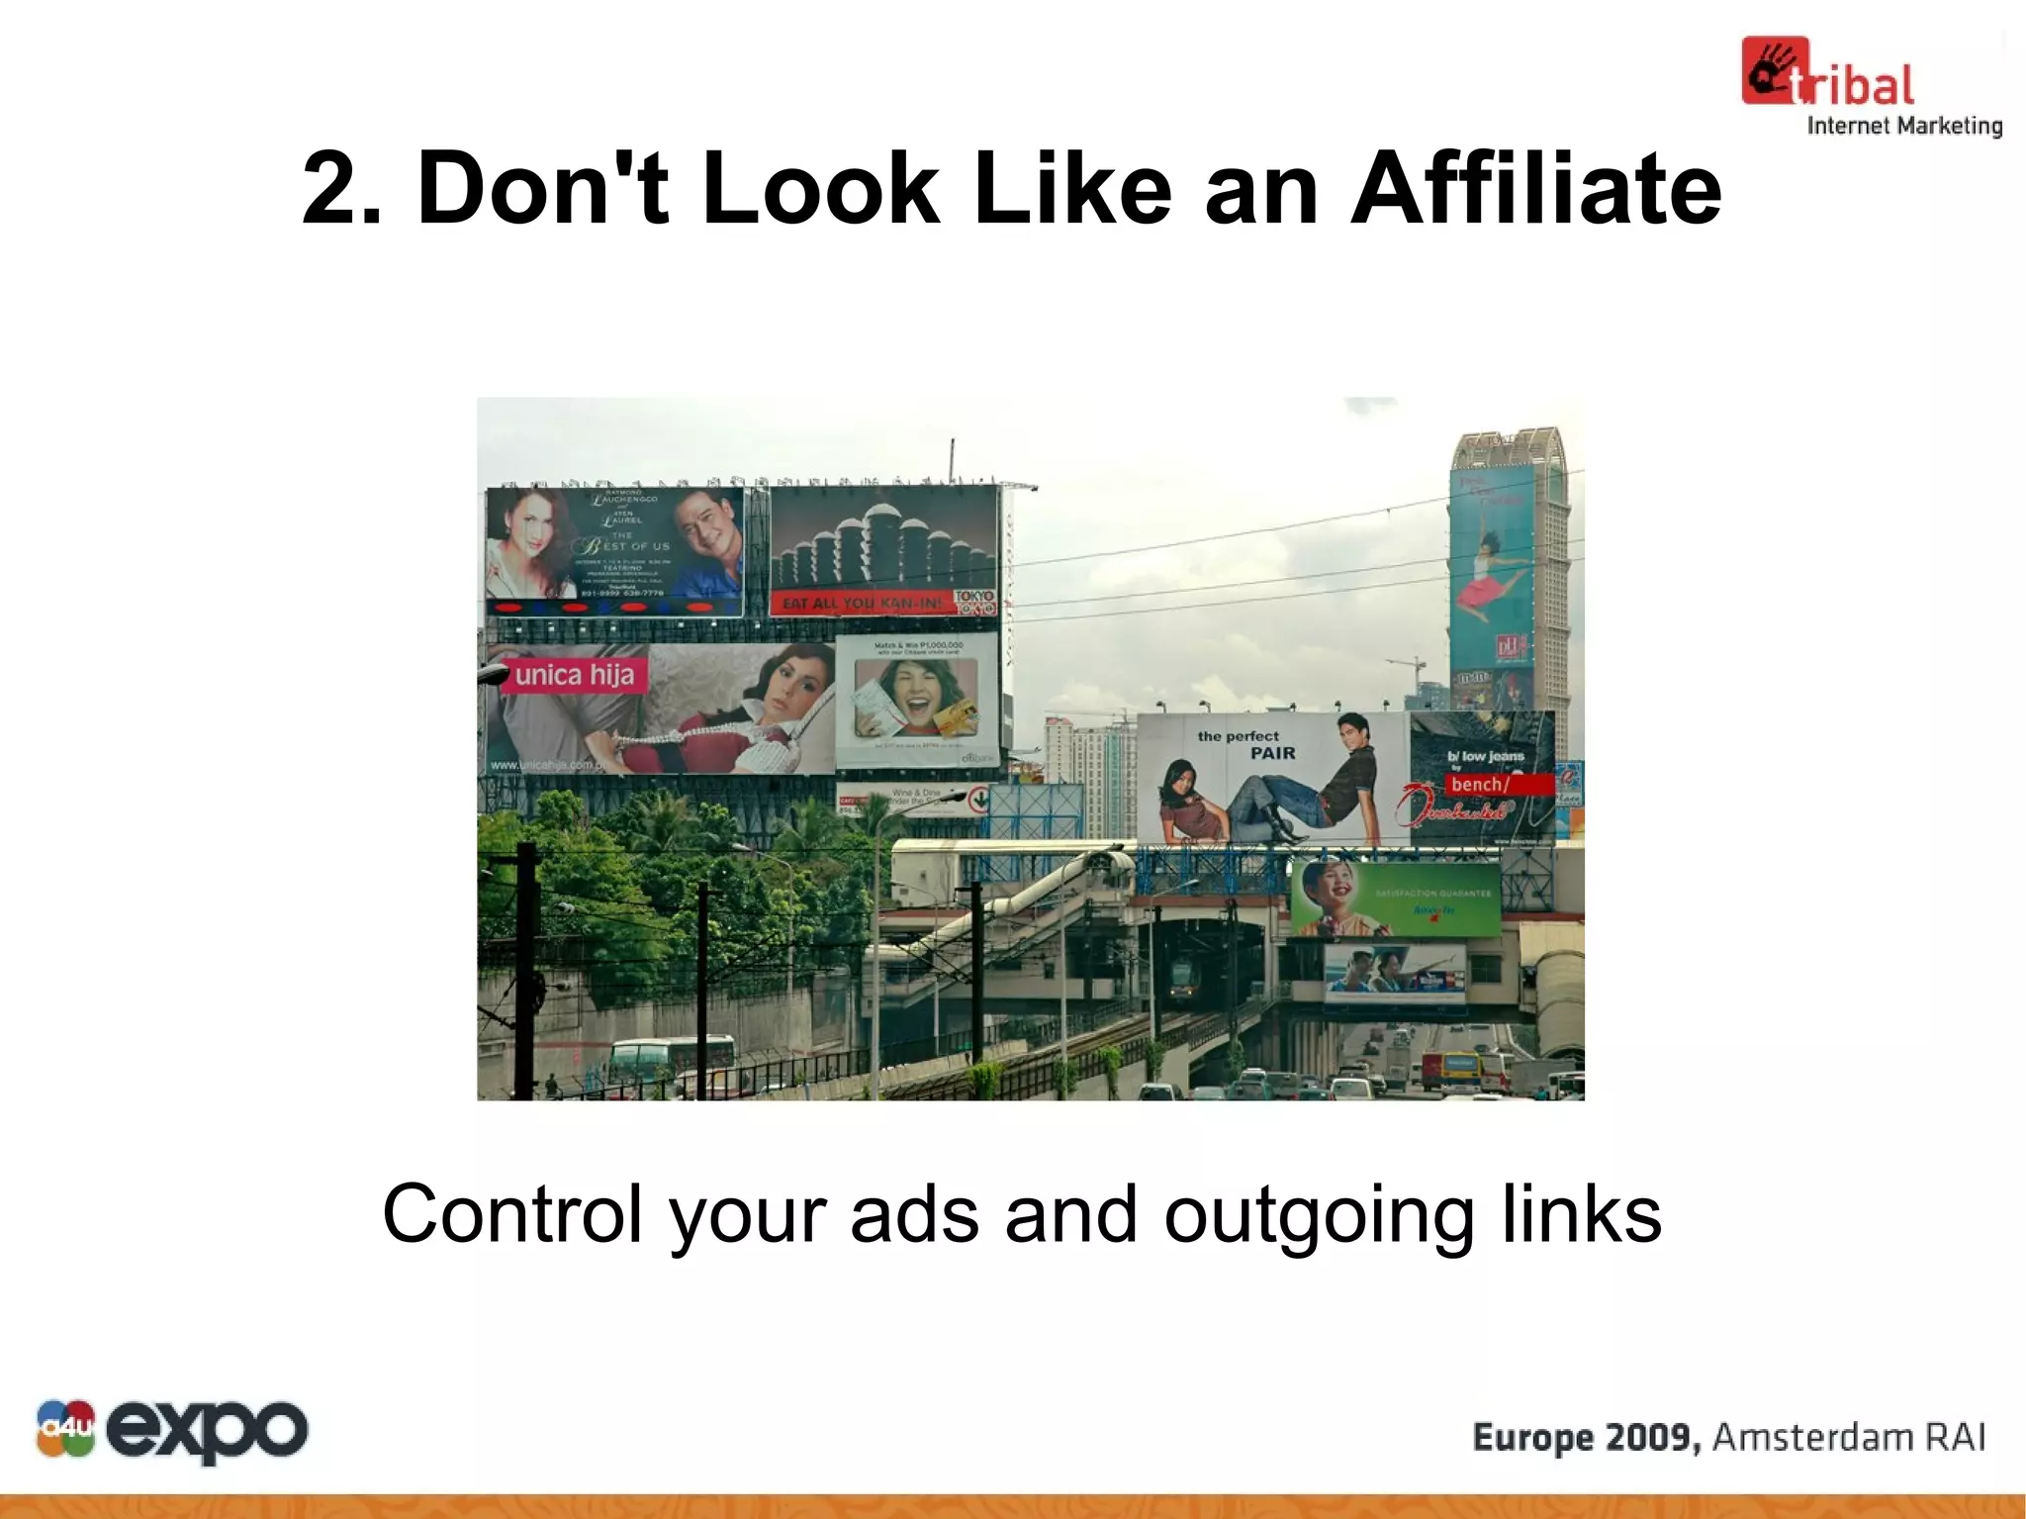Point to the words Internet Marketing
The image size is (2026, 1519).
1904,126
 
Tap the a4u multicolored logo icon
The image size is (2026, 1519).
65,1428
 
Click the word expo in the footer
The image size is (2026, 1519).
208,1430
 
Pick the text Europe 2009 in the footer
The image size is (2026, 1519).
1586,1437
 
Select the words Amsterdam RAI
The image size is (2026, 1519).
1848,1437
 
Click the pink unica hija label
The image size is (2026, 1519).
575,676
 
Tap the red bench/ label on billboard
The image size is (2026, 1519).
1481,784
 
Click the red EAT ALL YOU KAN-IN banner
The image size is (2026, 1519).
864,603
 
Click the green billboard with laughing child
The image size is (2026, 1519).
1395,898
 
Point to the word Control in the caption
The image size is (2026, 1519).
512,1214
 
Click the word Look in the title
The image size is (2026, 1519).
820,188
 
